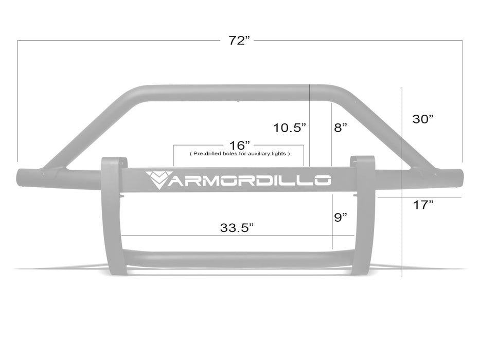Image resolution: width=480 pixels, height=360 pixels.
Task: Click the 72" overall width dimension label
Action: [239, 41]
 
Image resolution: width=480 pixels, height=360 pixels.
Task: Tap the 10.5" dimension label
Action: [290, 128]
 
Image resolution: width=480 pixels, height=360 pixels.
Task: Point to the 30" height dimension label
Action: [423, 119]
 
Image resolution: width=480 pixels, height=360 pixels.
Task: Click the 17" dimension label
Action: [423, 205]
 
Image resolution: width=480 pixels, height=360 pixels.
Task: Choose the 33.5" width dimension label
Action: [237, 228]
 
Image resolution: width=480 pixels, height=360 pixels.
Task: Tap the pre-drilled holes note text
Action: [240, 153]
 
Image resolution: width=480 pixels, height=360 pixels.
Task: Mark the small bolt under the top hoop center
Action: [238, 101]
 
